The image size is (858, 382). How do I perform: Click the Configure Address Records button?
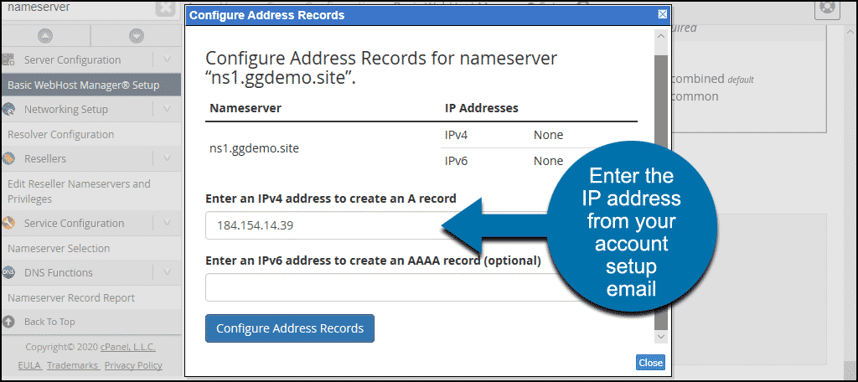[289, 328]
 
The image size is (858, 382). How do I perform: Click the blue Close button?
[650, 363]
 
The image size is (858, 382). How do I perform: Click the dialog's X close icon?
[662, 15]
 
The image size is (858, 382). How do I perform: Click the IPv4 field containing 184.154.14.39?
[335, 225]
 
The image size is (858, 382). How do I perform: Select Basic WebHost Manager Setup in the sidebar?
[83, 85]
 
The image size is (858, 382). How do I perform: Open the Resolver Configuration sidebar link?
[60, 134]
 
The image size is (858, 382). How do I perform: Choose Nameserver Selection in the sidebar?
[59, 248]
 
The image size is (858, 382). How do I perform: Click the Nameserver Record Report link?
[71, 297]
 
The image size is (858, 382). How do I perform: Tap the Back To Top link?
[49, 322]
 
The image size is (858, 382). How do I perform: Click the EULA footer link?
[29, 365]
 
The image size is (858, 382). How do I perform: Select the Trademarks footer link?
[72, 365]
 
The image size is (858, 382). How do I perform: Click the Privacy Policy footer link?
[133, 365]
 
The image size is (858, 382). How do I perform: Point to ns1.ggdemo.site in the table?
[255, 147]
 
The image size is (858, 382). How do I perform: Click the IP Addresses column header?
[481, 108]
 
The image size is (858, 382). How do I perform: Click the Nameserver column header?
[245, 108]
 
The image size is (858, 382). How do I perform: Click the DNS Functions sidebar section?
[65, 272]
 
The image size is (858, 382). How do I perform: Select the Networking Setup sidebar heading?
[65, 109]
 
